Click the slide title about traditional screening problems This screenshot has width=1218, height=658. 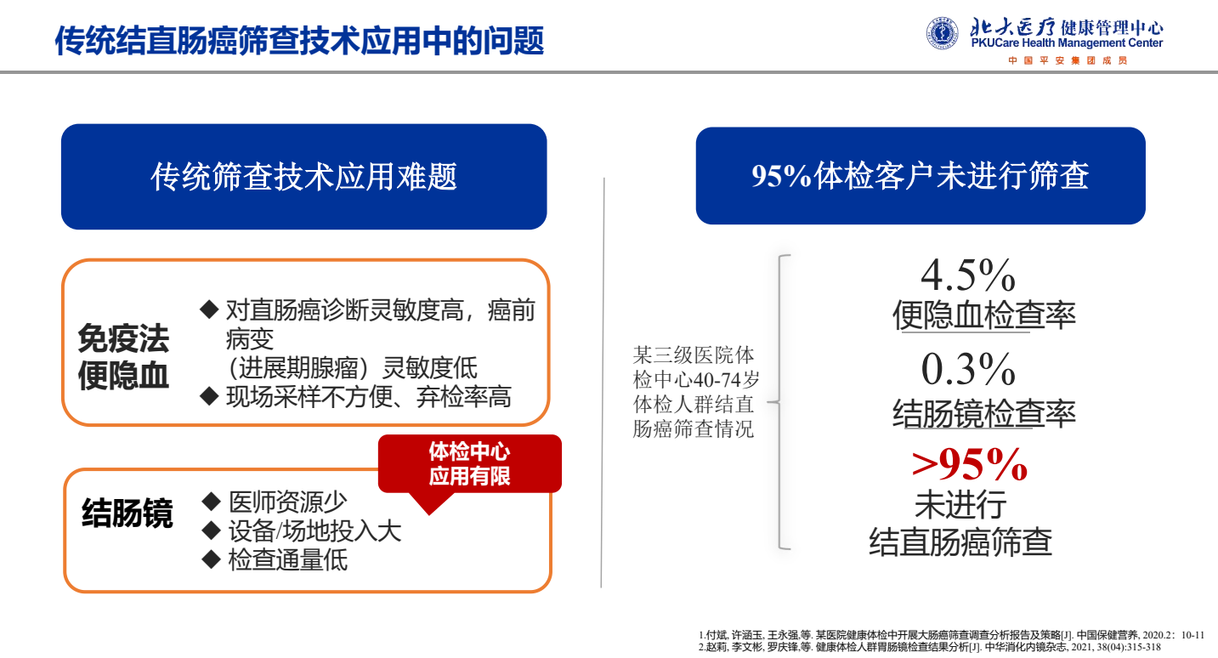299,39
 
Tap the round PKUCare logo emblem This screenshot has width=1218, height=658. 942,34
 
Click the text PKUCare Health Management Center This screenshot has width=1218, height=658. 1067,43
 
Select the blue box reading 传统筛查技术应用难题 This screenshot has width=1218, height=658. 303,177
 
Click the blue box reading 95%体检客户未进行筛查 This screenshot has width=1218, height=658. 920,176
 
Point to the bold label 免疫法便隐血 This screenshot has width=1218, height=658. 123,357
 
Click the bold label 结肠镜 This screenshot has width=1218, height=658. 127,513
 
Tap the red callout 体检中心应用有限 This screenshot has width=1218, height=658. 469,463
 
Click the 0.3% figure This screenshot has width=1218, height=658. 968,369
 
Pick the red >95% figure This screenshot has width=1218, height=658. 969,464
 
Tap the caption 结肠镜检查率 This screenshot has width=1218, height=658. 984,414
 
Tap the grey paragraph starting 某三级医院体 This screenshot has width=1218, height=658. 694,391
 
